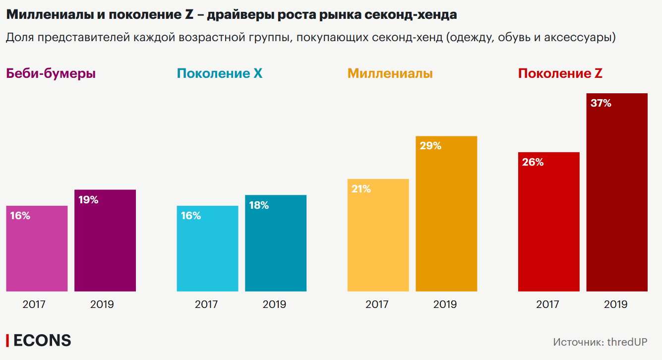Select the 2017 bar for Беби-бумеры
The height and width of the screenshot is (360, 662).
point(37,248)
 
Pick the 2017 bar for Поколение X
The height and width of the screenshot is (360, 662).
point(207,248)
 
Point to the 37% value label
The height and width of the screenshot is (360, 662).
point(601,104)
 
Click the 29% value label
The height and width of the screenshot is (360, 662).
point(430,146)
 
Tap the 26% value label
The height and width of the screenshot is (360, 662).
point(533,162)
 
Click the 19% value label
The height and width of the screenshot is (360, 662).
point(88,200)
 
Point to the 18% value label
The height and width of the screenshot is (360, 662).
point(259,205)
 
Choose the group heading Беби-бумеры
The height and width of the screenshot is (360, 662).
point(51,74)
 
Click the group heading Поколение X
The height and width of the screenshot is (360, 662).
point(220,74)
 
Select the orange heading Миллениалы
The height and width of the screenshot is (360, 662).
point(390,74)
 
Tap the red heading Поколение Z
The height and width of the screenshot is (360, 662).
point(560,74)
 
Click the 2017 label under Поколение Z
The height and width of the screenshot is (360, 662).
point(547,304)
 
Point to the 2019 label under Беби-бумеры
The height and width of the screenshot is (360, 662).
point(102,304)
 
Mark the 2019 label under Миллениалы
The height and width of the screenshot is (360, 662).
point(445,304)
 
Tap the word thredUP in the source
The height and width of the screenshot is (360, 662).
point(627,342)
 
